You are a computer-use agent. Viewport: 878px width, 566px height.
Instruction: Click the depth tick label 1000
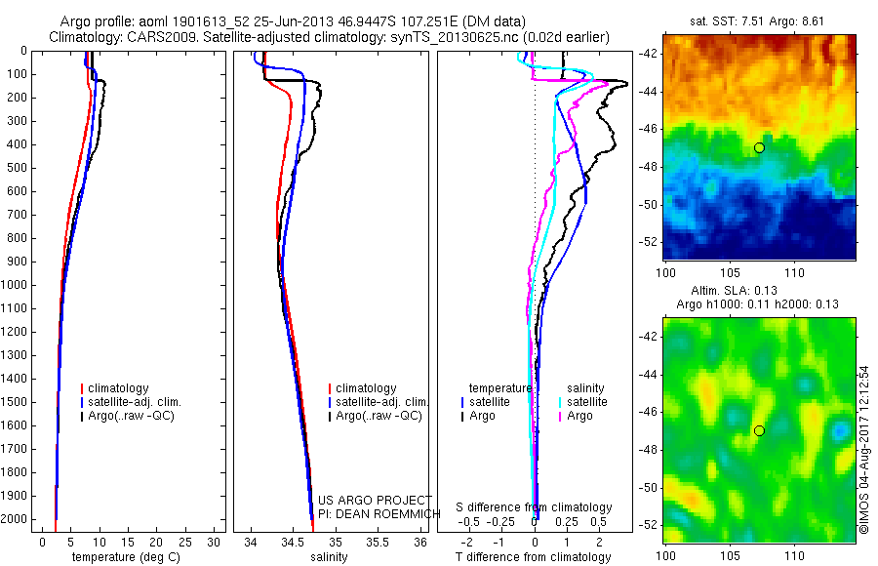pos(18,285)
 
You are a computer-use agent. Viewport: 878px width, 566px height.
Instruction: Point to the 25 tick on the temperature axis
pos(186,541)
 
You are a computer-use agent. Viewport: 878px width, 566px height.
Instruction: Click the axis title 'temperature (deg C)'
pos(122,557)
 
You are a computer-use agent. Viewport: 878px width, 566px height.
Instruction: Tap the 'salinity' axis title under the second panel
pos(330,557)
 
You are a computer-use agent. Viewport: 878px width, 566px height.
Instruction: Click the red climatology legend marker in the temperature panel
pos(82,388)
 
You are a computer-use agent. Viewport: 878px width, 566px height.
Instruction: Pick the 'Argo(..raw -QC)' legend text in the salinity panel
pos(379,416)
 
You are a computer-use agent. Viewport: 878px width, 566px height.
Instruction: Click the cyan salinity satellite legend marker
pos(560,402)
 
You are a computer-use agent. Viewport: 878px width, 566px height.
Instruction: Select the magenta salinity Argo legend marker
pos(560,417)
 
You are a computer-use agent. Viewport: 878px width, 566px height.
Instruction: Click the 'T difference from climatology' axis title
pos(534,557)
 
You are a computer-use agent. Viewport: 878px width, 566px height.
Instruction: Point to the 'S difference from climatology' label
pos(534,507)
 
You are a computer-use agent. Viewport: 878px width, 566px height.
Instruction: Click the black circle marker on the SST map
pos(758,147)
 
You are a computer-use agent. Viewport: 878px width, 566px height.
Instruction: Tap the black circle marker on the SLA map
pos(758,430)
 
